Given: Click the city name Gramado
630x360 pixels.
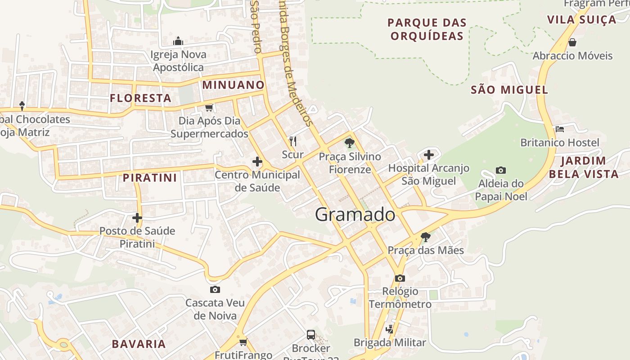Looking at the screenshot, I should tap(355, 215).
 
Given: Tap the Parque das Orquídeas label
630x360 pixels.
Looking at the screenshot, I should tap(427, 29).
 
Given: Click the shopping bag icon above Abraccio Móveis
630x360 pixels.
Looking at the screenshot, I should tap(572, 42).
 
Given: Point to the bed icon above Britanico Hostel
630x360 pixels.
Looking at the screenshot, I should tap(559, 129).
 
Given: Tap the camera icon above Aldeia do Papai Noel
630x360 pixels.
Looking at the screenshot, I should tap(500, 170).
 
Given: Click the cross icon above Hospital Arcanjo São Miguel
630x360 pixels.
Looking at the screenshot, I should tap(428, 155).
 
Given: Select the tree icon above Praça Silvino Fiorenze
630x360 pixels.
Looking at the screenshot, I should tap(349, 143).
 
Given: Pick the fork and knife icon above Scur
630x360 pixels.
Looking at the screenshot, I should tap(293, 141).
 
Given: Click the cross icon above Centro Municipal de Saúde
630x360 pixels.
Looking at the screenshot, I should tap(257, 161).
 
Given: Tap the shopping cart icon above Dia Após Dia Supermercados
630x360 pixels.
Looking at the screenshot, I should tap(209, 108).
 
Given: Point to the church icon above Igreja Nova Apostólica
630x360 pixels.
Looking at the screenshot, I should tap(178, 41).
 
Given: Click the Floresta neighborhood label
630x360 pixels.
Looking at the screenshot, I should tap(140, 98).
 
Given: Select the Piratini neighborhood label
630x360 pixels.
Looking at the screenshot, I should tap(150, 178).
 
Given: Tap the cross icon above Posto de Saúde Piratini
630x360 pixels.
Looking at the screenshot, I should tap(137, 218).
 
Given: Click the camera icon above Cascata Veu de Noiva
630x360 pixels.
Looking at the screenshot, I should tap(215, 289).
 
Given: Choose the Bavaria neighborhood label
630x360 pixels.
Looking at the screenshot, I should tap(139, 344).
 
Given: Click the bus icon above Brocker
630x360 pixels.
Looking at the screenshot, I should tap(310, 335).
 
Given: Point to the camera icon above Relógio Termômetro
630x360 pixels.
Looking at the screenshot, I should tap(400, 278).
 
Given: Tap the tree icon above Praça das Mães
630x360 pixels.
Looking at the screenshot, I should tap(425, 237).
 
